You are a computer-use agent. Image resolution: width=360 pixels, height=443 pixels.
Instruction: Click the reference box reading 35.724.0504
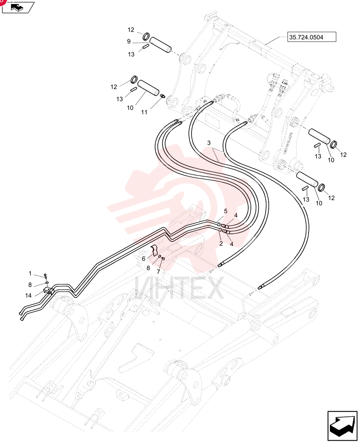click(312, 37)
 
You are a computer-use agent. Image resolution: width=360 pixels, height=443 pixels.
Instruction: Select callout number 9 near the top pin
click(129, 42)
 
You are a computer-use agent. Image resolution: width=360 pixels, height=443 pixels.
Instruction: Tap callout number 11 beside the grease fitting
click(144, 112)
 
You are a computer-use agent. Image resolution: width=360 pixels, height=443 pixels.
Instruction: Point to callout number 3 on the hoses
click(209, 143)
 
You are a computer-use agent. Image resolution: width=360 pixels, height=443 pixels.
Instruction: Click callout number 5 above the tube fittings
click(226, 211)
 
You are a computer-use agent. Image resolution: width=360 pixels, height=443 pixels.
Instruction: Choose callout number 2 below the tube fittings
click(221, 243)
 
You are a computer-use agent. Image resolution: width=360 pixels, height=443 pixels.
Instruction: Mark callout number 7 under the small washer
click(158, 272)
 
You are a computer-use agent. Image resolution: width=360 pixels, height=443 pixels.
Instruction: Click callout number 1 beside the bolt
click(30, 273)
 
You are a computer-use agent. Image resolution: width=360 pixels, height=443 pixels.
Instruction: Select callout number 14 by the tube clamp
click(28, 295)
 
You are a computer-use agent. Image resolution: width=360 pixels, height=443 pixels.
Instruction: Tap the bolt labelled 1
click(45, 276)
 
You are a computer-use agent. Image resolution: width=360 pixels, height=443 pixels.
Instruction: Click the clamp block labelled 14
click(49, 291)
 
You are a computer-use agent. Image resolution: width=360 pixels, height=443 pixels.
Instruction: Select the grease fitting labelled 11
click(162, 96)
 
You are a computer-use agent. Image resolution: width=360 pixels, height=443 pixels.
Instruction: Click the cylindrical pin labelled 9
click(160, 44)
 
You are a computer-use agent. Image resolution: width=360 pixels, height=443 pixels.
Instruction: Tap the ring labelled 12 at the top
click(146, 36)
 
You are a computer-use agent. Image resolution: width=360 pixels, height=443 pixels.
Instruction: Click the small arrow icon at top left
click(18, 8)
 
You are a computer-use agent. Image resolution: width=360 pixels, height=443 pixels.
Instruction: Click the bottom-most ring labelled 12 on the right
click(321, 187)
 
